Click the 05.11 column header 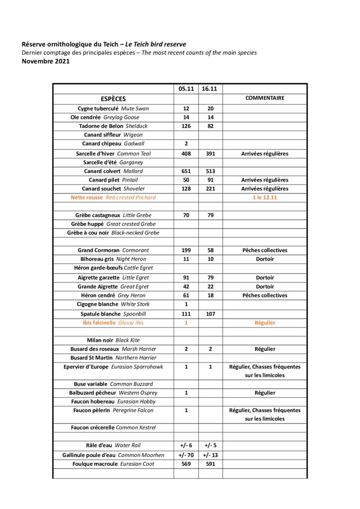186,88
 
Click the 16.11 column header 210,88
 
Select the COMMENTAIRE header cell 265,98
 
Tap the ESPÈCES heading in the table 113,98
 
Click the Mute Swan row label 113,108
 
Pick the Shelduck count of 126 186,126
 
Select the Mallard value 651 186,171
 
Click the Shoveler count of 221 210,189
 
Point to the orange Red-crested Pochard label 113,197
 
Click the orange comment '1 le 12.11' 265,197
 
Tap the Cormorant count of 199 186,251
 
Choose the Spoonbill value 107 210,314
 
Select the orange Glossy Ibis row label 113,323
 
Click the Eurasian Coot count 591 210,464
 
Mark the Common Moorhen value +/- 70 186,455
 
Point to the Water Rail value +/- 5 210,446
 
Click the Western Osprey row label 113,393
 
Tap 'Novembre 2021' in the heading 45,62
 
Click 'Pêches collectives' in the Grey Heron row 265,295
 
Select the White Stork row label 113,304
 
